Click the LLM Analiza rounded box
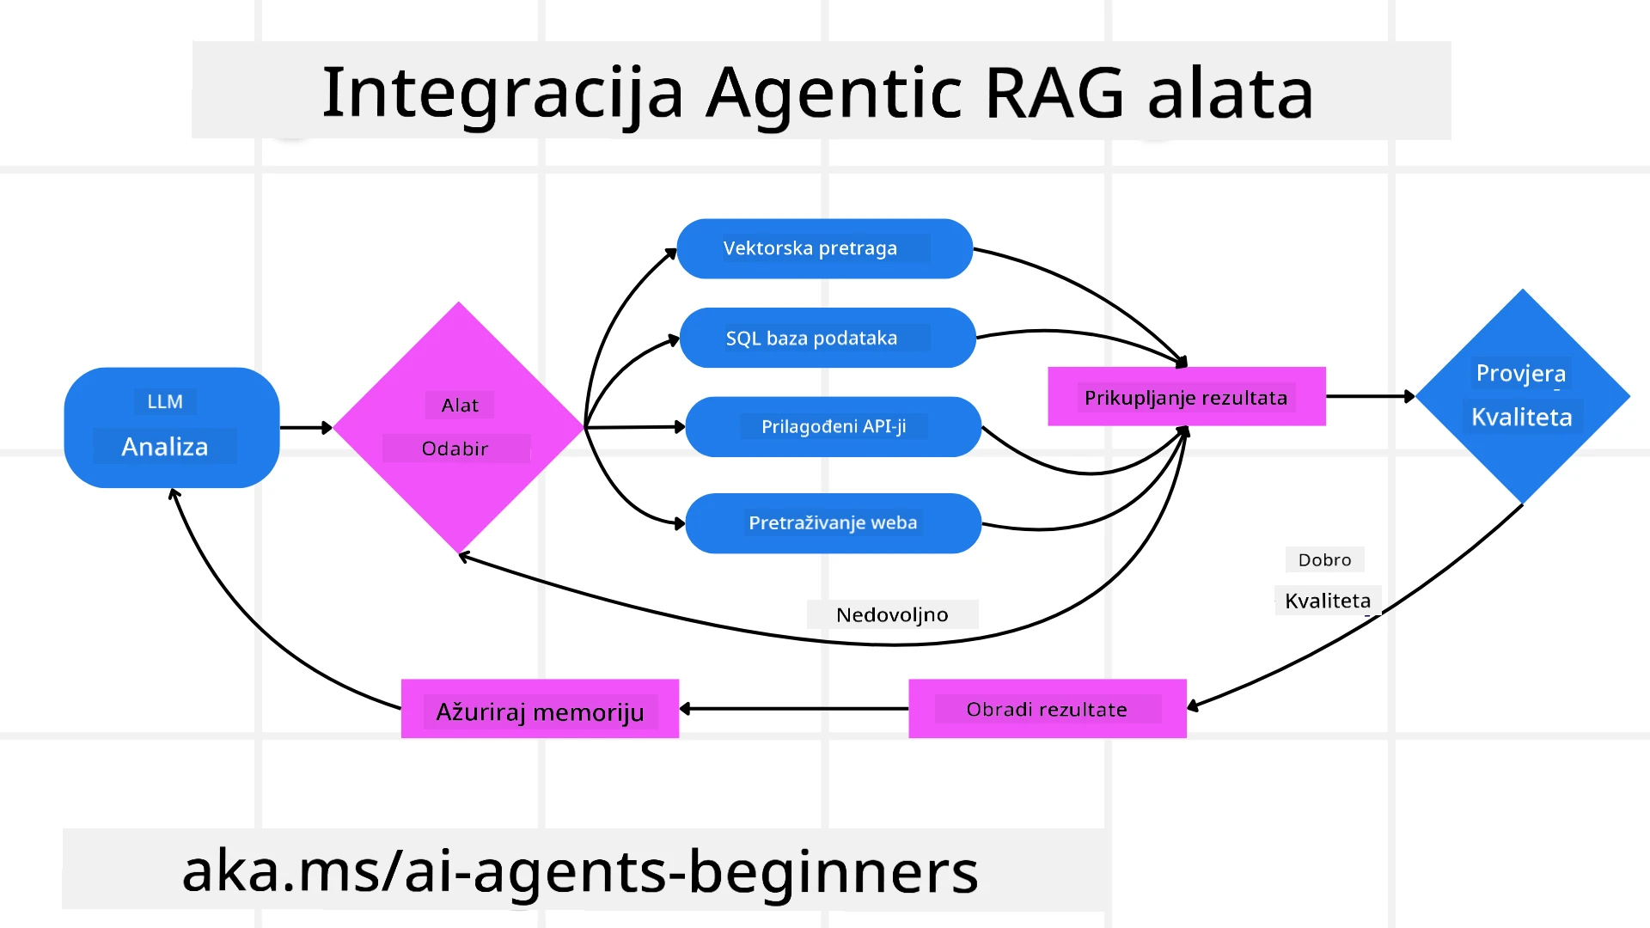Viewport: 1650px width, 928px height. pos(171,427)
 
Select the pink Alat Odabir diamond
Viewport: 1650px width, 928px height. pos(458,427)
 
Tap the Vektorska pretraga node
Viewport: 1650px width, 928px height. pos(824,248)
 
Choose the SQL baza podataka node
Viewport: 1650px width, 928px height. pos(827,338)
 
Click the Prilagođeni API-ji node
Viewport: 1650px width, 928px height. pos(833,426)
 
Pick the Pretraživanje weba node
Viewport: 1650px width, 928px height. pos(833,522)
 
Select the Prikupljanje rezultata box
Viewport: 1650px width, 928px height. pos(1186,397)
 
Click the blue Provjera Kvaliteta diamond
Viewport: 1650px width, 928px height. pos(1522,396)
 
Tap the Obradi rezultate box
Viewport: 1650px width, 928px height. pos(1047,709)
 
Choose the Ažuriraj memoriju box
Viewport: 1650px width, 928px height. pos(540,709)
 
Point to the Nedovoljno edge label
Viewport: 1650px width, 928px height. pos(892,614)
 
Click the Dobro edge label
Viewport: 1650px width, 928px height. pos(1324,559)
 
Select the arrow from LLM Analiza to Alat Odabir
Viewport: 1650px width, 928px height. pos(305,427)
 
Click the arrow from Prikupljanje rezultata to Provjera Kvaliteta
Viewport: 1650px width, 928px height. pos(1370,396)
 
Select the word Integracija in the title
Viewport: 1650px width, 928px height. pos(502,93)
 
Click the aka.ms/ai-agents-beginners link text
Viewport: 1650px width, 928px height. pos(580,871)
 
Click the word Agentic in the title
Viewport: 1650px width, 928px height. pos(834,93)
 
